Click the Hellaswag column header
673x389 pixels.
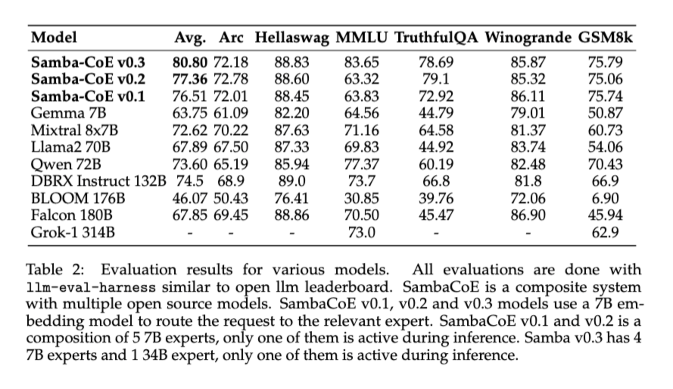tap(291, 38)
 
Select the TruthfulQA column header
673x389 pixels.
tap(436, 38)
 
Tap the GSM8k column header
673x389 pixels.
tap(605, 38)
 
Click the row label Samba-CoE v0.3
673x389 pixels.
tap(88, 62)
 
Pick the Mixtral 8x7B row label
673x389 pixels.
tap(74, 130)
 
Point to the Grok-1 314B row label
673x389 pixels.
tap(72, 232)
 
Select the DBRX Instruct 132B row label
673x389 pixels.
tap(98, 181)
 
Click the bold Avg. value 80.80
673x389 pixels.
tap(190, 62)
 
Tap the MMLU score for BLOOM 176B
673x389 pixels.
tap(361, 198)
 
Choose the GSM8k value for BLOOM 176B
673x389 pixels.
tap(605, 198)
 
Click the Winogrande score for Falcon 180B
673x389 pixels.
tap(528, 215)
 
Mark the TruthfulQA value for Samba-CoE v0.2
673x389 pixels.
tap(436, 79)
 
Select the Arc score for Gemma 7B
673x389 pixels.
tap(231, 113)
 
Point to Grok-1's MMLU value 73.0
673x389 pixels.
tap(361, 232)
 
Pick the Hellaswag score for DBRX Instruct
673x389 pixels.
tap(291, 181)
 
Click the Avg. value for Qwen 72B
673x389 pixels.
tap(190, 164)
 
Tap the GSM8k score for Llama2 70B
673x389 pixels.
tap(605, 147)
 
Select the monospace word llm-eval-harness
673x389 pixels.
tap(91, 287)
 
